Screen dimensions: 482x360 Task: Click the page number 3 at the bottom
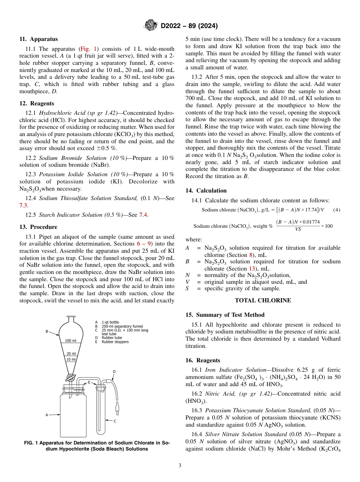point(180,465)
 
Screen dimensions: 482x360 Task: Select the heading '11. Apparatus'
point(39,39)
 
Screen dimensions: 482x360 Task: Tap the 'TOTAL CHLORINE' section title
point(263,300)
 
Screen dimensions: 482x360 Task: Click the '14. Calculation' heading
point(206,191)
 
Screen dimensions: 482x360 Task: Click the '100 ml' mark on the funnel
point(70,341)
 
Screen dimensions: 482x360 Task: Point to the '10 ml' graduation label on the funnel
point(71,359)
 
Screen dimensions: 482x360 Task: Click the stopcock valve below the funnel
point(70,377)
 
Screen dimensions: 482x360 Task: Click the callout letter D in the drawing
point(114,372)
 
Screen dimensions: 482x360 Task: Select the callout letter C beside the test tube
point(115,421)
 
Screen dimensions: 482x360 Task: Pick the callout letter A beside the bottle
point(47,415)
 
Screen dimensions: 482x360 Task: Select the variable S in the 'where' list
point(187,289)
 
